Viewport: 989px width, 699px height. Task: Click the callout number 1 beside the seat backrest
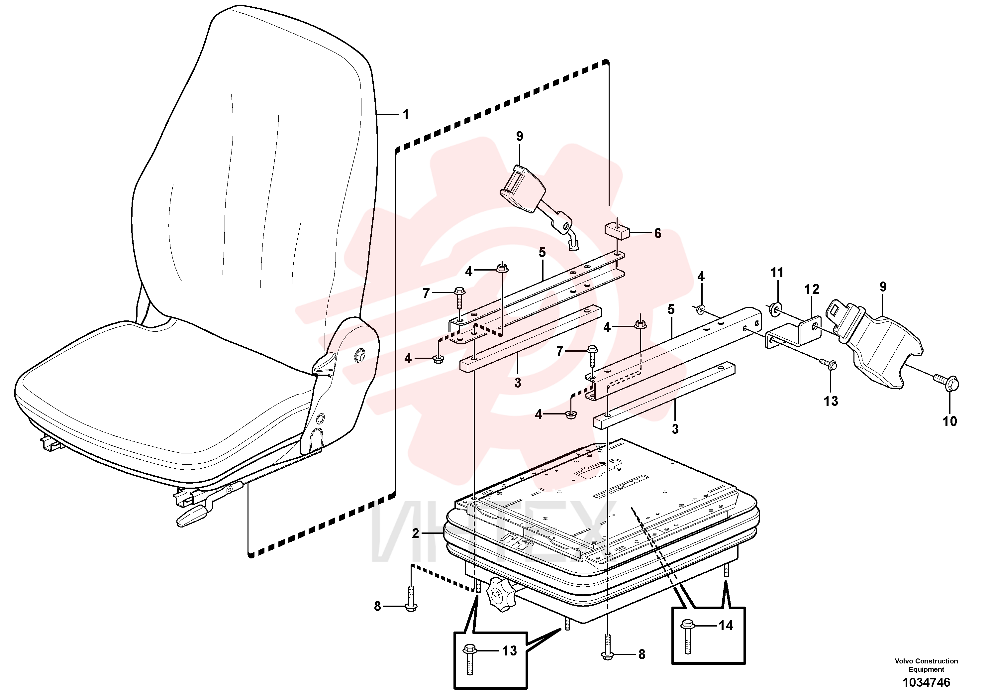pyautogui.click(x=405, y=115)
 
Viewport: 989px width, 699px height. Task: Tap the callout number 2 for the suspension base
pyautogui.click(x=415, y=534)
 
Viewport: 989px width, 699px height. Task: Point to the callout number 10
pyautogui.click(x=950, y=421)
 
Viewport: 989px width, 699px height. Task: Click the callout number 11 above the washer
pyautogui.click(x=777, y=272)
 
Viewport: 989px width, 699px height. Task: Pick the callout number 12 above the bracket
pyautogui.click(x=812, y=289)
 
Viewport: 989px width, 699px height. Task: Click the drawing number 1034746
pyautogui.click(x=926, y=683)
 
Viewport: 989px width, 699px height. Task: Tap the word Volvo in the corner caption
pyautogui.click(x=903, y=661)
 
